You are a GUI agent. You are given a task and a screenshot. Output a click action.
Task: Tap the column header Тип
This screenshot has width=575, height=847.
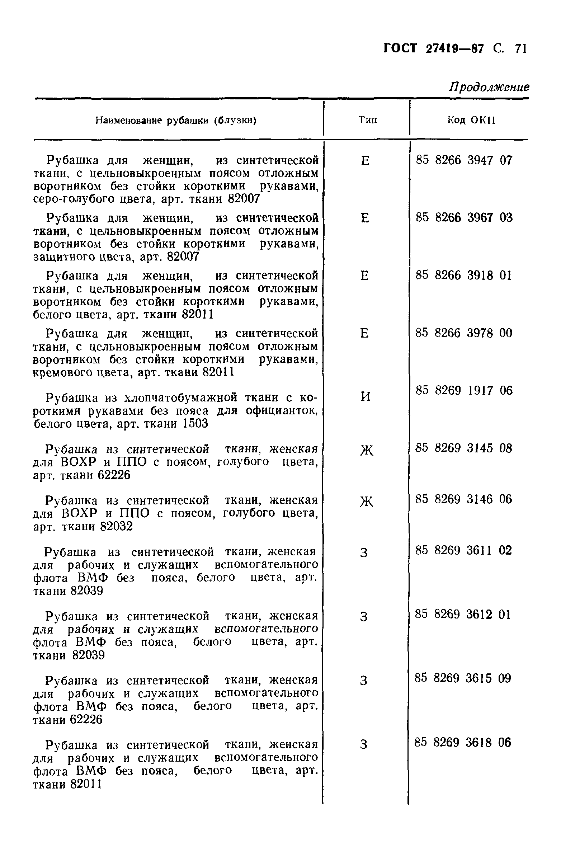[x=368, y=120]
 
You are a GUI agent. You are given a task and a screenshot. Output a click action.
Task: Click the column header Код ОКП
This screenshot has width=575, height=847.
[x=471, y=120]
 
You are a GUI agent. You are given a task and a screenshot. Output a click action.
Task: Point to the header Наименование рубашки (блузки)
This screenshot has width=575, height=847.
[x=176, y=121]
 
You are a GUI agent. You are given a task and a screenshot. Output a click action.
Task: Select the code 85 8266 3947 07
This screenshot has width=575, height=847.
[x=464, y=160]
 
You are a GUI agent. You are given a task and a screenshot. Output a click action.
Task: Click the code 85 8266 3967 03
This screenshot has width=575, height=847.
[x=464, y=218]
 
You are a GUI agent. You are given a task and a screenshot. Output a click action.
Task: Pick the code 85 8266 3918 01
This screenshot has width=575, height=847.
[x=463, y=275]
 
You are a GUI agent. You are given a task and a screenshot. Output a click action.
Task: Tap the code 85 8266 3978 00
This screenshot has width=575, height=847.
[x=463, y=333]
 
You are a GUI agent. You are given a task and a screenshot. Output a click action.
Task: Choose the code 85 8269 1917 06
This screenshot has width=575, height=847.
[x=464, y=391]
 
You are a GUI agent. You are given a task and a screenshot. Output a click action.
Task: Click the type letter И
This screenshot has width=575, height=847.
[x=366, y=397]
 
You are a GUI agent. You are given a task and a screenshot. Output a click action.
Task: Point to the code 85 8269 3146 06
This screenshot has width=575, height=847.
[x=463, y=499]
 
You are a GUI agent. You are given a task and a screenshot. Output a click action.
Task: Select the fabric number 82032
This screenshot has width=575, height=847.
[x=116, y=527]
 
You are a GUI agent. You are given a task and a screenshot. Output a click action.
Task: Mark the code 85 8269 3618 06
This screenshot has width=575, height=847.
[x=463, y=742]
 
